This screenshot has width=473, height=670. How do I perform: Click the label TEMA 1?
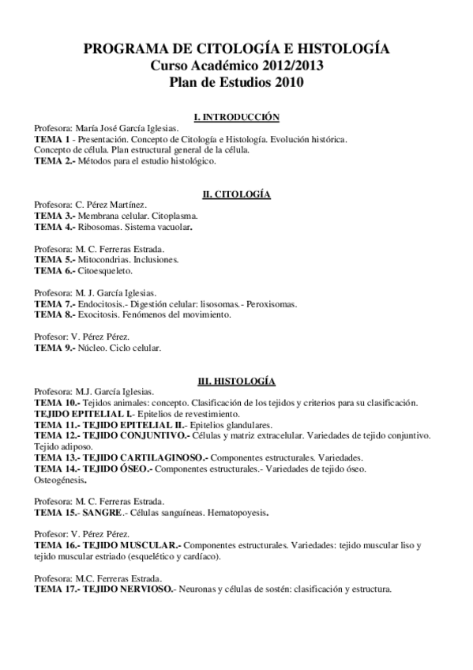pos(50,138)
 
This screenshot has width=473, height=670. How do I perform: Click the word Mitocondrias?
pos(107,259)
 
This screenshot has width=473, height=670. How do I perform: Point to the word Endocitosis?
pos(103,303)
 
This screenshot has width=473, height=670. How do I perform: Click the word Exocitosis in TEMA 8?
pos(100,314)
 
